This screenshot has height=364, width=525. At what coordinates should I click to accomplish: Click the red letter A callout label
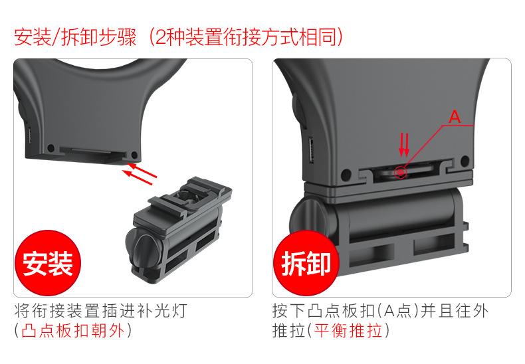[x=455, y=117]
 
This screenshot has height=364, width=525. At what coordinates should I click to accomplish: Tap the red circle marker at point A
[x=401, y=172]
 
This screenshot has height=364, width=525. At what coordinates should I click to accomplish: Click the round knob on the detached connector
[x=141, y=252]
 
